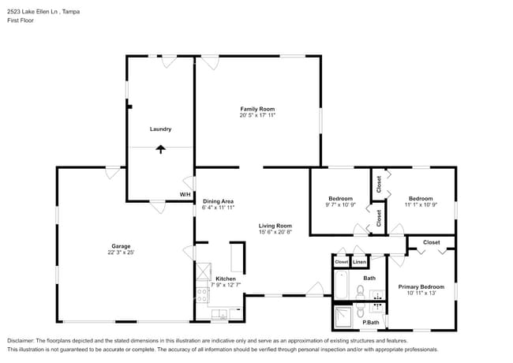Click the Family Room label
coord(257,108)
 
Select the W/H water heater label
coord(185,194)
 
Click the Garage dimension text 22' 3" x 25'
coord(121,253)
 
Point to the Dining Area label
coord(218,200)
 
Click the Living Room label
coord(275,226)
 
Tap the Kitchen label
coord(226,279)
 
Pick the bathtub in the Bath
coord(341,286)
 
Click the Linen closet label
coord(359,261)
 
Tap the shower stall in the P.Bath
coord(345,317)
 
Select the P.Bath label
coord(371,322)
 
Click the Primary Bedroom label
coord(420,286)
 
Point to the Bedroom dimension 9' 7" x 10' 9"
coord(341,205)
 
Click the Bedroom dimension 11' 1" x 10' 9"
coord(420,205)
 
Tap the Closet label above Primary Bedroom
coord(431,242)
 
